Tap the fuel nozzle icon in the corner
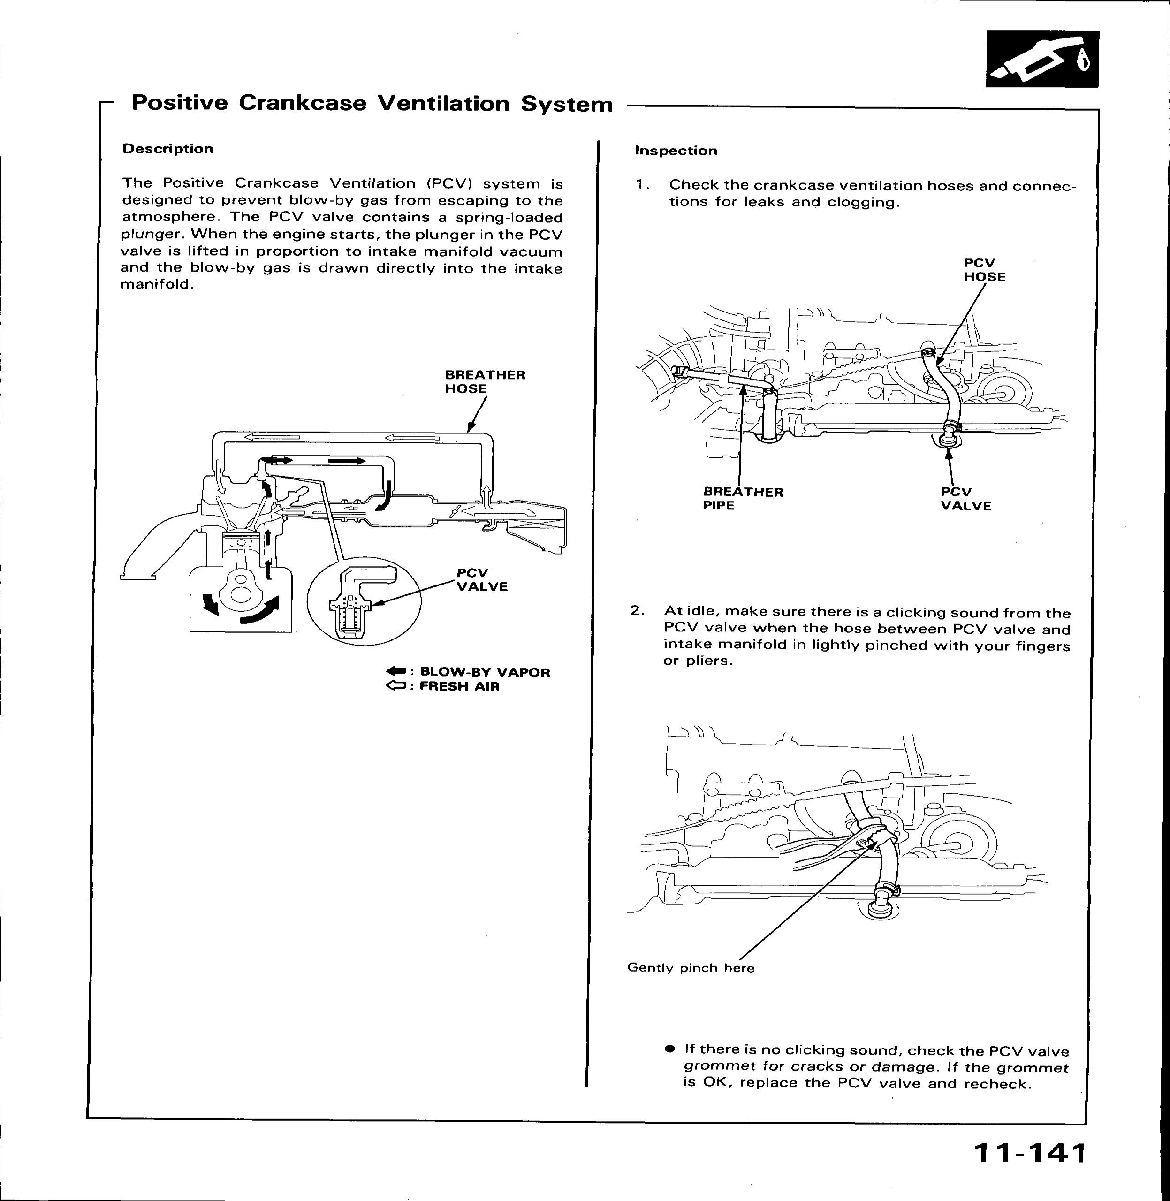(1042, 60)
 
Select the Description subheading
(168, 149)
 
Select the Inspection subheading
(676, 151)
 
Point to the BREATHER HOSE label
(485, 382)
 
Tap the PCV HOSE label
(984, 270)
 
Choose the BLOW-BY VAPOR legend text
(485, 672)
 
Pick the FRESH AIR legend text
(460, 686)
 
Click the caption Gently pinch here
(691, 968)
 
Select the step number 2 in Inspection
(637, 610)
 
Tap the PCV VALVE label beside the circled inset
(482, 579)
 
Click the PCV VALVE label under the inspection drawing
(966, 499)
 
